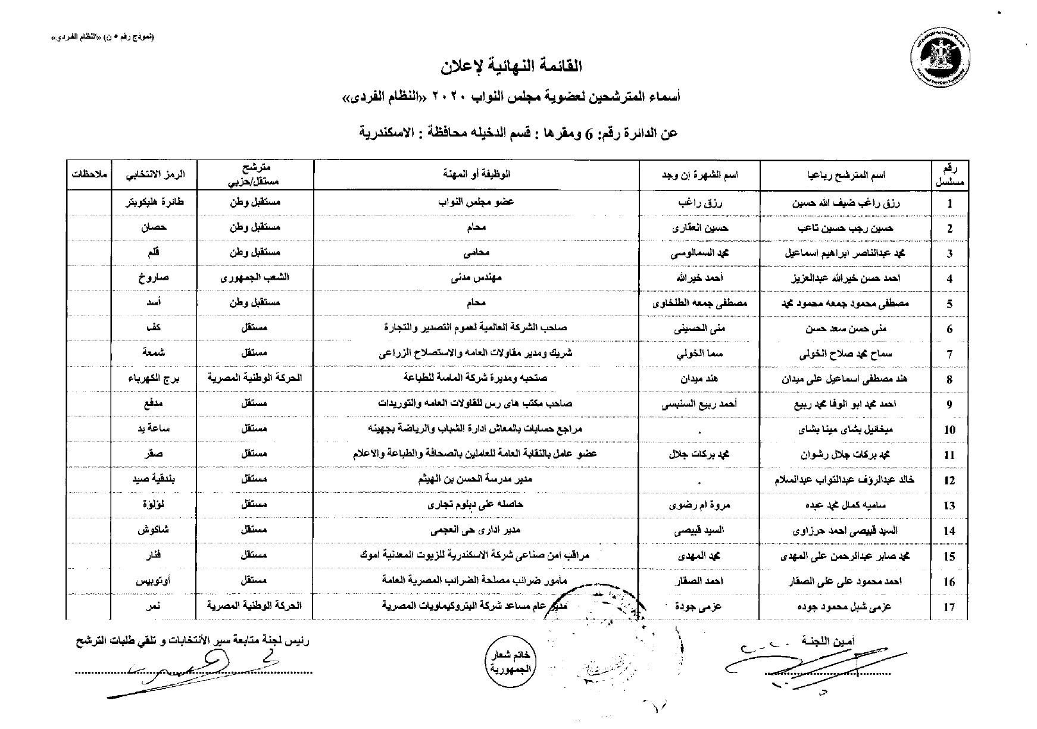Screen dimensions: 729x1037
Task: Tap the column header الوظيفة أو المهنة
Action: coord(476,175)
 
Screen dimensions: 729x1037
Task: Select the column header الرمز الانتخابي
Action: coord(153,175)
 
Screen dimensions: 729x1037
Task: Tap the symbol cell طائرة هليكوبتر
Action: coord(153,202)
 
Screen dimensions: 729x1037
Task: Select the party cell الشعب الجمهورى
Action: coord(255,278)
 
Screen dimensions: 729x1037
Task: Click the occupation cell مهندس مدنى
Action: coord(476,278)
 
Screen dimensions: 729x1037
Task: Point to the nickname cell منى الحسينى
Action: coord(700,328)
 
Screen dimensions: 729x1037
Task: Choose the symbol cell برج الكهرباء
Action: coord(153,378)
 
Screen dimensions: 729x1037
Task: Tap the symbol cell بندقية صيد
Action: coord(153,480)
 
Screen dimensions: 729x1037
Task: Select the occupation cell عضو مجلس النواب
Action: coord(476,202)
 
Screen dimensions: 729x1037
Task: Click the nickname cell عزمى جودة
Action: coord(700,606)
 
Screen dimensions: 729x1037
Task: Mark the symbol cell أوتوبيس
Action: coord(153,581)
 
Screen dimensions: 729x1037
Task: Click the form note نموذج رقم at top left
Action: coord(103,37)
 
